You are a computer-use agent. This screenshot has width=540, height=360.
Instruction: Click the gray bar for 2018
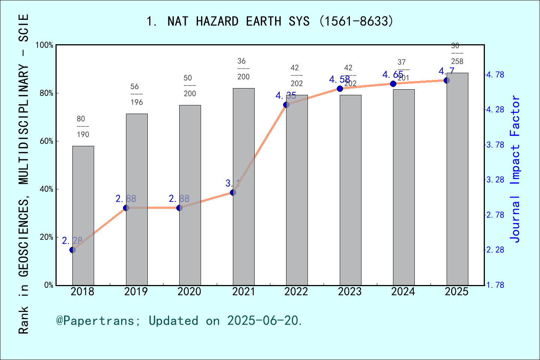[x=83, y=216]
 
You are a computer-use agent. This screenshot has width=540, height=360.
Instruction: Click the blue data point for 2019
[x=126, y=208]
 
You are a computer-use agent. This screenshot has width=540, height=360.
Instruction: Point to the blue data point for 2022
[x=286, y=105]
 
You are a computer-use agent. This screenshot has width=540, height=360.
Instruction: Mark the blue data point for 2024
[x=393, y=84]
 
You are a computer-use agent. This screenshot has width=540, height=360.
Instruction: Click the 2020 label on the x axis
[x=189, y=292]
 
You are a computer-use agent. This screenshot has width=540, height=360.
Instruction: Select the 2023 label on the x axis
[x=349, y=292]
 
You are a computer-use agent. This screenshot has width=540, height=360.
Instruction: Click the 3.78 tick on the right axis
[x=495, y=145]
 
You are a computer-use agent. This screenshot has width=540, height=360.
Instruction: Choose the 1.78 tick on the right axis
[x=495, y=285]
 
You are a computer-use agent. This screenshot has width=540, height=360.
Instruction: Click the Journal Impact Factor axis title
[x=515, y=169]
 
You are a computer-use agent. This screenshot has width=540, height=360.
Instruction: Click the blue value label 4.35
[x=286, y=96]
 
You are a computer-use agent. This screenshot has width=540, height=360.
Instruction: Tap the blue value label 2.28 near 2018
[x=72, y=241]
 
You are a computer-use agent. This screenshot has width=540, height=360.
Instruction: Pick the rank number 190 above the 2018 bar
[x=83, y=135]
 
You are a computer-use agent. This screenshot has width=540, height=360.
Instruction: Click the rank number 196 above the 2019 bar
[x=136, y=102]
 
